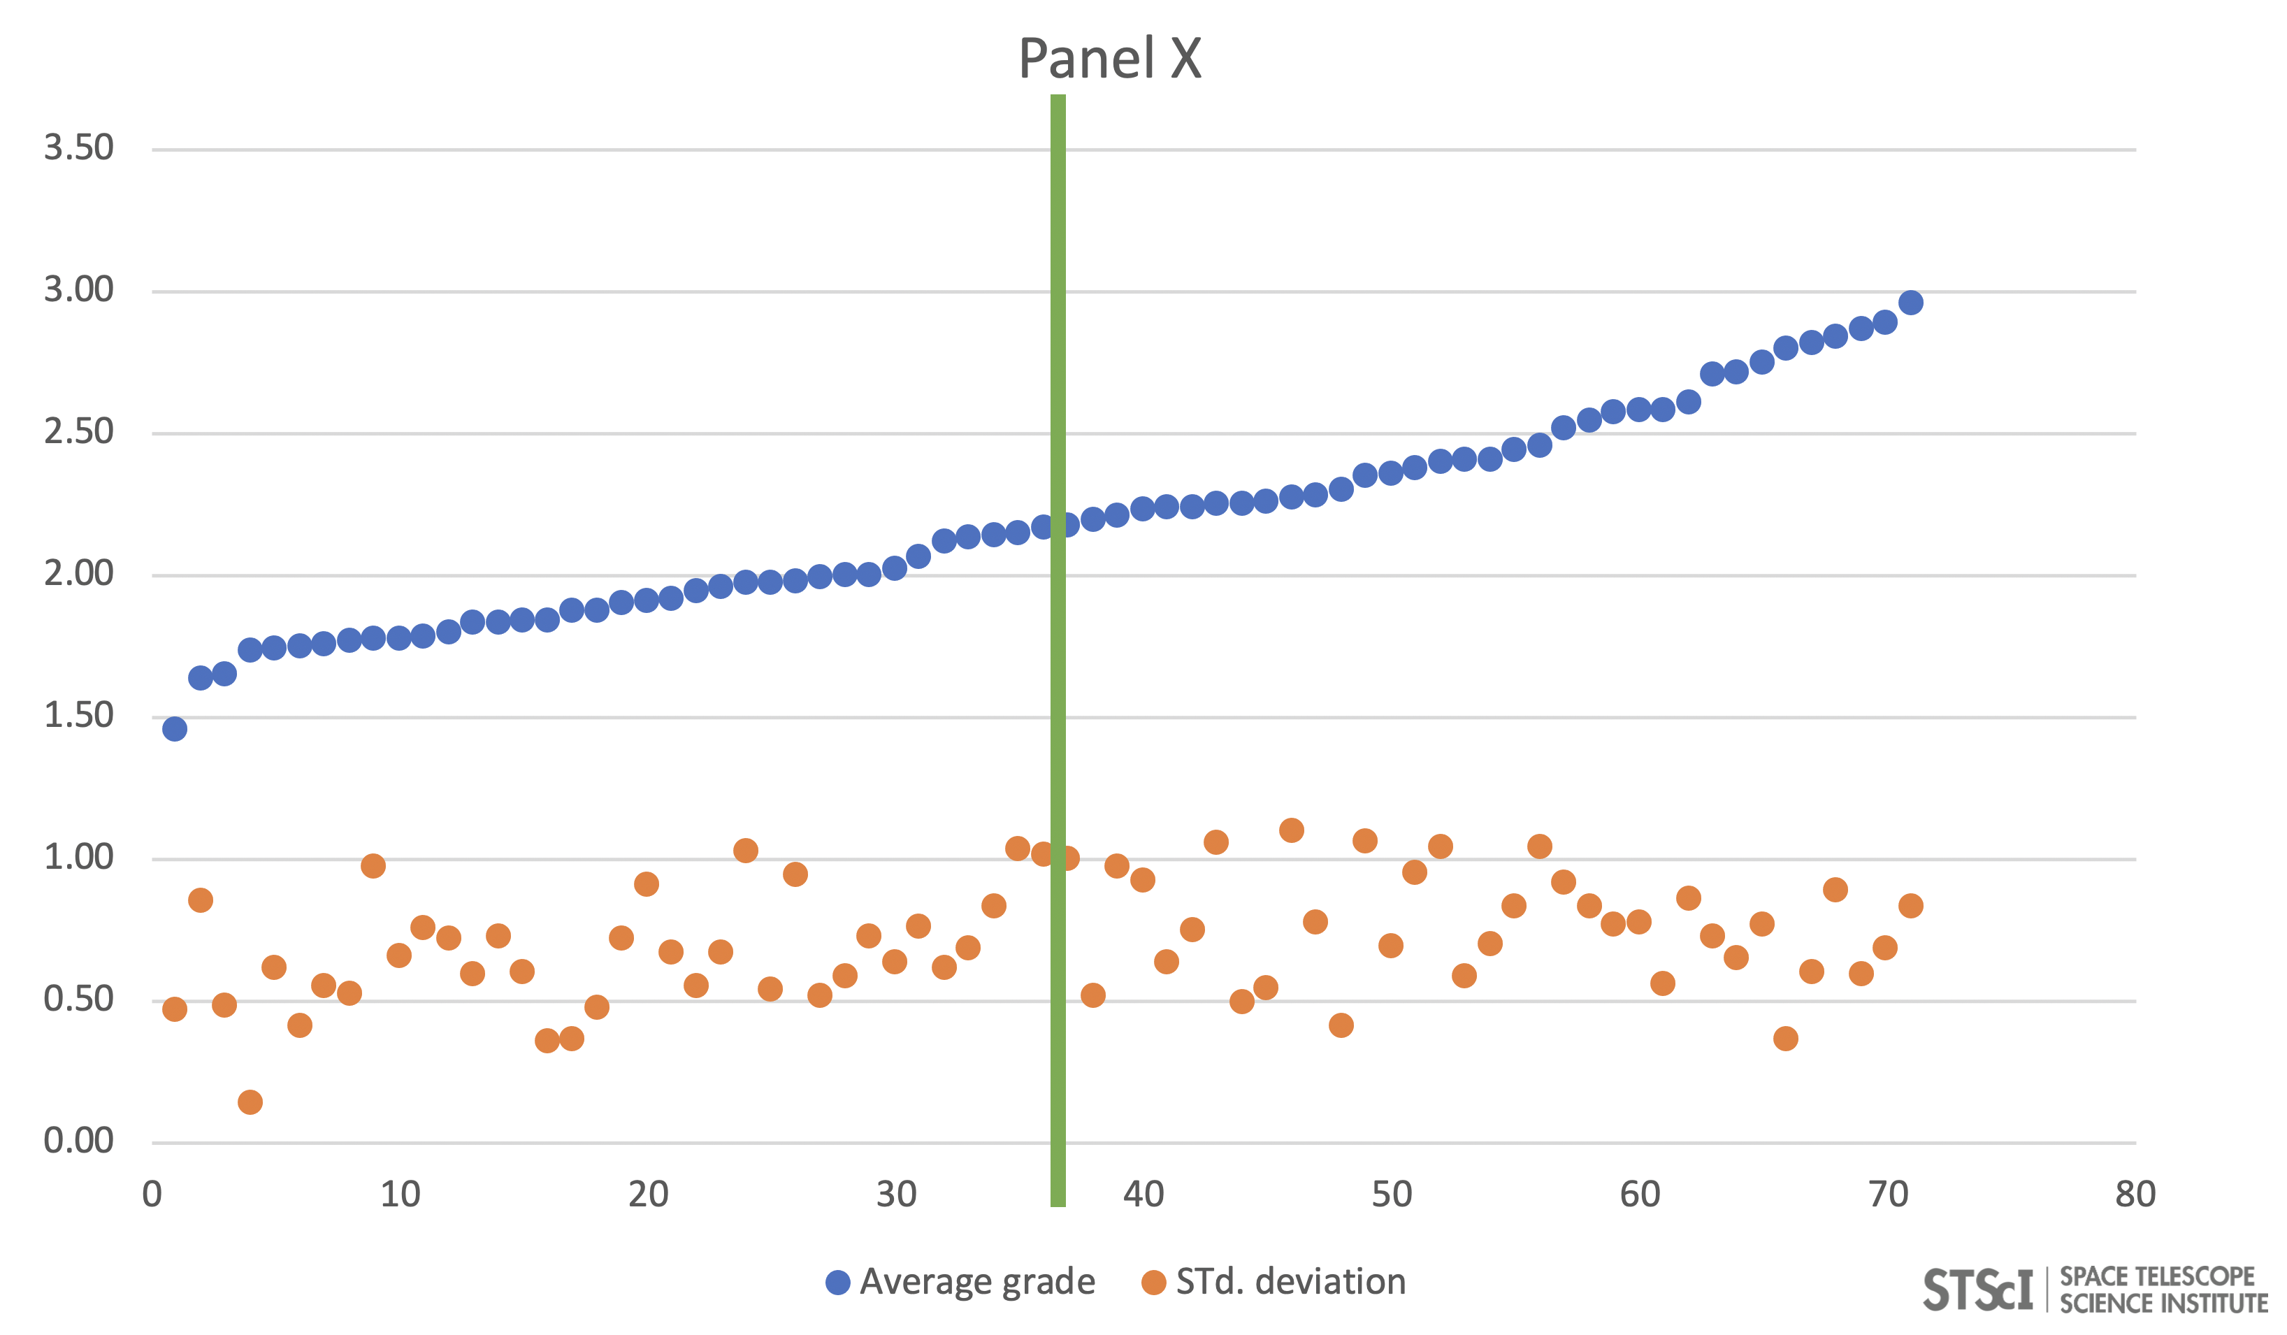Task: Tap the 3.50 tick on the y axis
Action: tap(79, 148)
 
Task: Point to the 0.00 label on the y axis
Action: tap(79, 1141)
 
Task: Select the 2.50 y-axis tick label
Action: tap(79, 432)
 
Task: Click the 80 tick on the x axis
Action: tap(2135, 1195)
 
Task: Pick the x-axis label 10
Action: tap(401, 1195)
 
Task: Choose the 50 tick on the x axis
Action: tap(1391, 1195)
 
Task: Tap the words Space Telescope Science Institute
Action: tap(2163, 1290)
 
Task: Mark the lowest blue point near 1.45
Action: tap(175, 729)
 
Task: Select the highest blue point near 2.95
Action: tap(1910, 302)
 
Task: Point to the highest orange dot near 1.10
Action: tap(1292, 830)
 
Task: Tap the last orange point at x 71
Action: tap(1910, 905)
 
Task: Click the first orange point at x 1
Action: tap(175, 1009)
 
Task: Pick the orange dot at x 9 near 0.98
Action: tap(373, 866)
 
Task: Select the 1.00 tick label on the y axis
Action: tap(79, 858)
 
